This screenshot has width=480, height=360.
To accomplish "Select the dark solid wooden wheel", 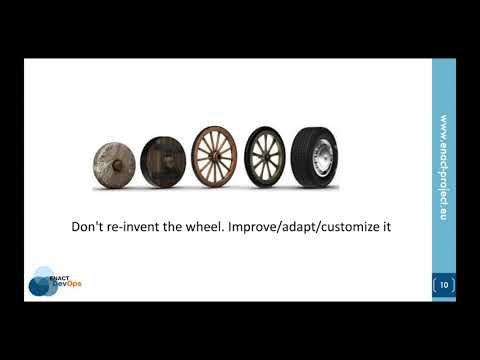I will (163, 160).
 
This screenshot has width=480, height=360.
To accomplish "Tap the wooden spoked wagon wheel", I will (214, 158).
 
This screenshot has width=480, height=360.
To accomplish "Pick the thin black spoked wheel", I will (265, 158).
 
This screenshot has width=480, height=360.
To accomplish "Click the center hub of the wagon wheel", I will (214, 158).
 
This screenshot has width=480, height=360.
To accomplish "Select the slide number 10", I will (444, 285).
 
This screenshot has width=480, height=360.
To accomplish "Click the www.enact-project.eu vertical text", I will (443, 165).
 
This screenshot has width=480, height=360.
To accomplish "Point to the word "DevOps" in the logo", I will (68, 284).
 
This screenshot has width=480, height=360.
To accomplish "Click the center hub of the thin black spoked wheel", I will (265, 158).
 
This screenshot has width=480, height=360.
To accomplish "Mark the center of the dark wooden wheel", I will (163, 160).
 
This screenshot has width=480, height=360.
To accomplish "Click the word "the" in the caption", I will (194, 227).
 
